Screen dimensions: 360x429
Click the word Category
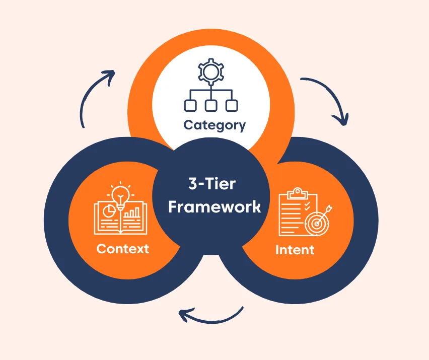tap(214, 125)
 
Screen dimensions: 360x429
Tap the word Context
tap(122, 249)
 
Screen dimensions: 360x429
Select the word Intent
tap(295, 250)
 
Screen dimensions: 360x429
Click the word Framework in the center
tap(214, 207)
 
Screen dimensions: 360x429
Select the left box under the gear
tap(190, 105)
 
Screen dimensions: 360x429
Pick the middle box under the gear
tap(210, 105)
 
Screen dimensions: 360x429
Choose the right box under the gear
tap(231, 105)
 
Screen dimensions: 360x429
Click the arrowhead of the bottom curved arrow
tap(184, 316)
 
